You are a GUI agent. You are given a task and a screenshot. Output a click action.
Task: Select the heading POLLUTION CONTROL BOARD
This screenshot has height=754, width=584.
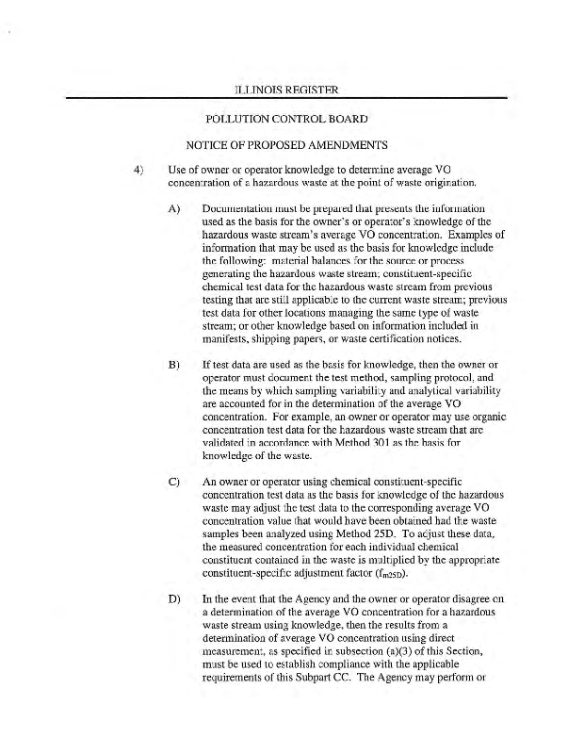click(286, 120)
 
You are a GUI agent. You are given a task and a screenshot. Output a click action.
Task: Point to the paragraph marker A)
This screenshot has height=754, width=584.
click(174, 208)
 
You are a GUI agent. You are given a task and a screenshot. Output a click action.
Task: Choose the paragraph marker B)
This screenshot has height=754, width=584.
click(174, 363)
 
